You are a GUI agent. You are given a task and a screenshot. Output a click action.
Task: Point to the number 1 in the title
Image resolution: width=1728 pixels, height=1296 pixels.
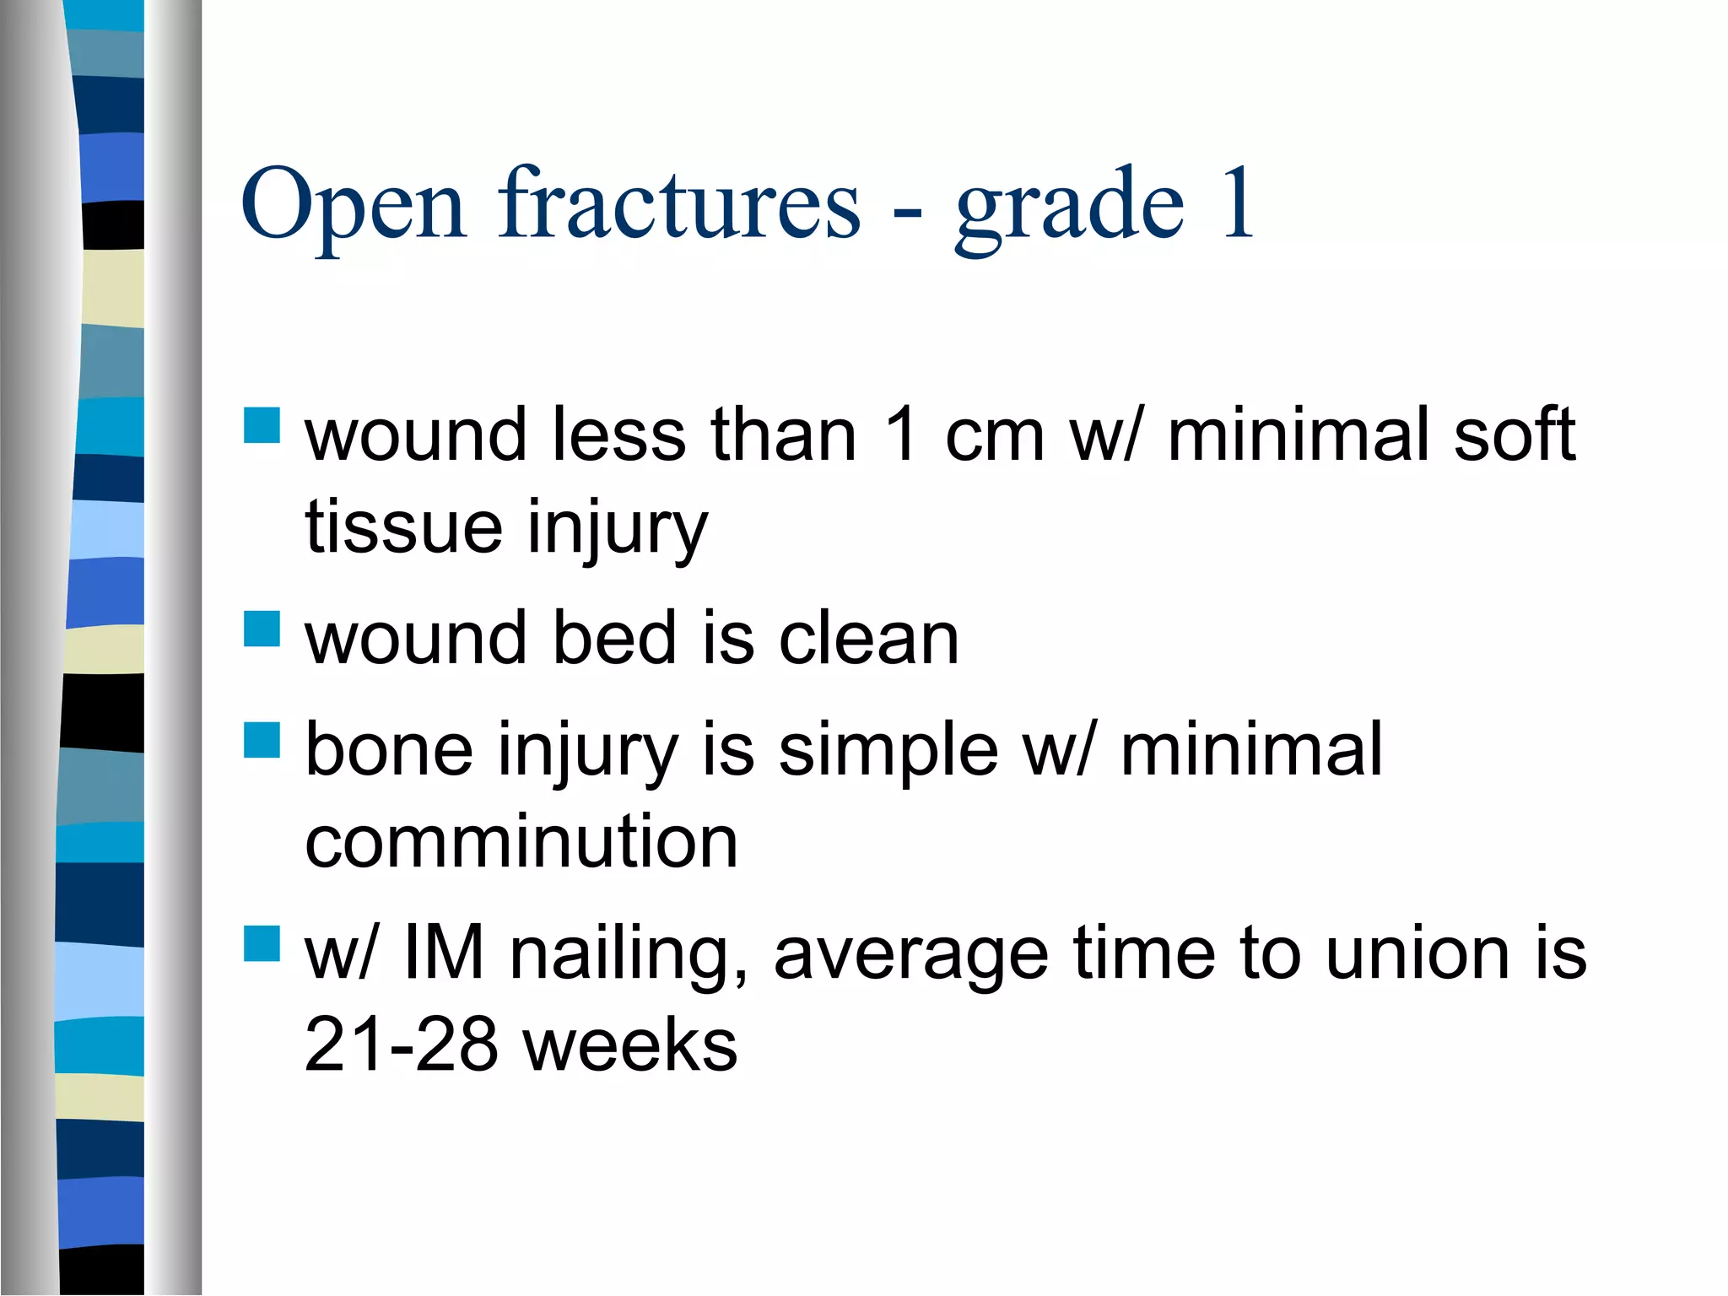(x=1236, y=202)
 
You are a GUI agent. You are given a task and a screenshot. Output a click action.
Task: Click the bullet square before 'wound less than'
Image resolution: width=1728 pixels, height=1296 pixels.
(x=262, y=425)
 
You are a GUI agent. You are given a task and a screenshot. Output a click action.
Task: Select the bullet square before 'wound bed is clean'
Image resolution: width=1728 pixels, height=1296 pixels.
(x=262, y=629)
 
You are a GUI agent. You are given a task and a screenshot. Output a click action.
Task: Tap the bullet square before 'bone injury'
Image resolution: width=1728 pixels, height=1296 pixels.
(x=262, y=740)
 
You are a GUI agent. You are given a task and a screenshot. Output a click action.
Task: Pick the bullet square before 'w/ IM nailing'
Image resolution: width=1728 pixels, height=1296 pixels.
(x=262, y=943)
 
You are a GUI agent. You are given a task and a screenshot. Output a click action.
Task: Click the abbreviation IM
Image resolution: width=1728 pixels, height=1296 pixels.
(x=444, y=953)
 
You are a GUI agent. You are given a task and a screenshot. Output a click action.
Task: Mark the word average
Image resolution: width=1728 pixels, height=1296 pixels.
(x=911, y=956)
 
